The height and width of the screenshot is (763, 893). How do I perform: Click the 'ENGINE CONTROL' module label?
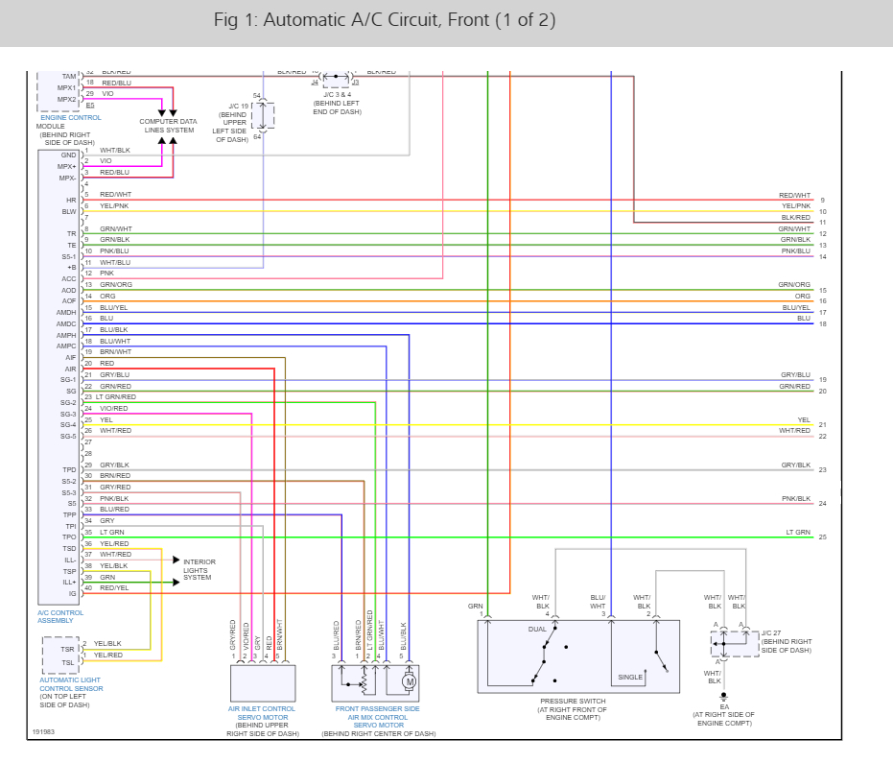click(71, 117)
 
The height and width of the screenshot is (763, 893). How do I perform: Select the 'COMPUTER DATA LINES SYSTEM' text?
click(168, 126)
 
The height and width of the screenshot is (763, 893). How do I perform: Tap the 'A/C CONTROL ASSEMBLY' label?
click(60, 616)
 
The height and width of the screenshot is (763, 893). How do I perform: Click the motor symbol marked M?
click(408, 681)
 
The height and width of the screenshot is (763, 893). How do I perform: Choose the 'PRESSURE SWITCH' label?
click(572, 701)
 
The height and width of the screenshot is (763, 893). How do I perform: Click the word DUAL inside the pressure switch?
click(537, 629)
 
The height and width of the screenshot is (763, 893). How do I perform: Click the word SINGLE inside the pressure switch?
click(630, 677)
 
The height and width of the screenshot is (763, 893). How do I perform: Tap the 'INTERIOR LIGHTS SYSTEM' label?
click(200, 570)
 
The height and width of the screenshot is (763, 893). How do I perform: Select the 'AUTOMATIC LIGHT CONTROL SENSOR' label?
click(71, 683)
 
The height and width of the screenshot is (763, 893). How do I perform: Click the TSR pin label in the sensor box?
click(68, 649)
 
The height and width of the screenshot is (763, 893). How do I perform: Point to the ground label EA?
click(724, 706)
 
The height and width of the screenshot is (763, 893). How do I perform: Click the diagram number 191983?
click(43, 731)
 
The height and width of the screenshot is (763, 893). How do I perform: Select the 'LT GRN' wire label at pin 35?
click(112, 532)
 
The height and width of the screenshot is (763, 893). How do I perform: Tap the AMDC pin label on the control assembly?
click(66, 324)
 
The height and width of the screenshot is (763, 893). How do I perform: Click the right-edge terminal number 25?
click(822, 537)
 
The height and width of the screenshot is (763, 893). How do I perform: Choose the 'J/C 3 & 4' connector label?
click(337, 96)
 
